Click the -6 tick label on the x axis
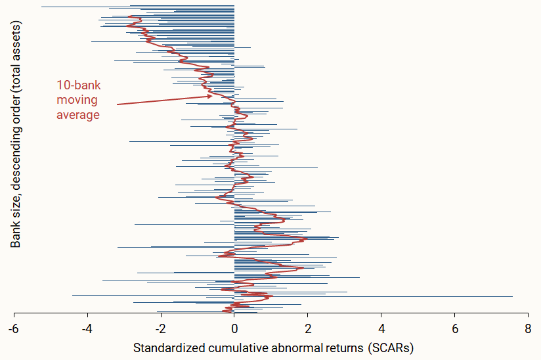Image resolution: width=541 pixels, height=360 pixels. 14,327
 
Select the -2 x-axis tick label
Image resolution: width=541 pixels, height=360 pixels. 161,327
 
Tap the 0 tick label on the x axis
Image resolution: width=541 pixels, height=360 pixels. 234,327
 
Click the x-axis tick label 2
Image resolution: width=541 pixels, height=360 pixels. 308,327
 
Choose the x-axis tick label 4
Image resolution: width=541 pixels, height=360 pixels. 381,327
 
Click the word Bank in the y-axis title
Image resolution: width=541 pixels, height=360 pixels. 16,234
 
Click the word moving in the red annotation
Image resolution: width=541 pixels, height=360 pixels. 77,100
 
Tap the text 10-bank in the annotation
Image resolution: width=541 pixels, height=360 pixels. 78,85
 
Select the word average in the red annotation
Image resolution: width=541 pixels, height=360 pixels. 78,115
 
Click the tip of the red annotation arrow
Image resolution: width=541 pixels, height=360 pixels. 213,95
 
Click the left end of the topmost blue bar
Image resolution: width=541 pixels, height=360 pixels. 41,7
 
